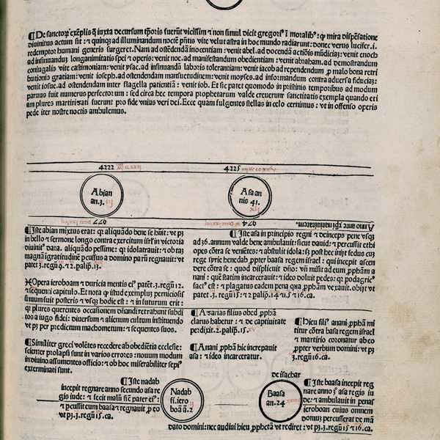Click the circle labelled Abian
[101, 194]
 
